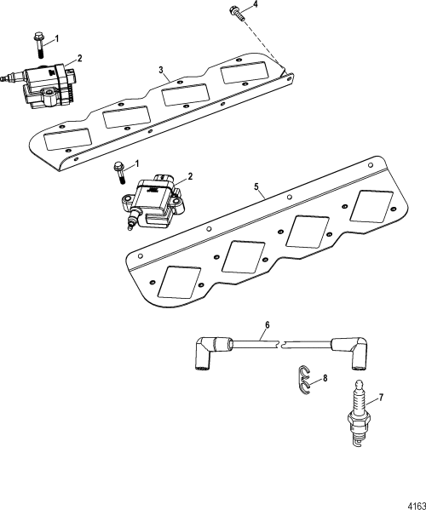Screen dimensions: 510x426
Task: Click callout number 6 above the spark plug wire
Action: [266, 325]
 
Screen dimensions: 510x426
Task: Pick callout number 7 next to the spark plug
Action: [381, 397]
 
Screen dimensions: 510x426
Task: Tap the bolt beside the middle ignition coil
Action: [120, 173]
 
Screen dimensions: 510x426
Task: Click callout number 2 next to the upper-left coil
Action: [79, 58]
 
